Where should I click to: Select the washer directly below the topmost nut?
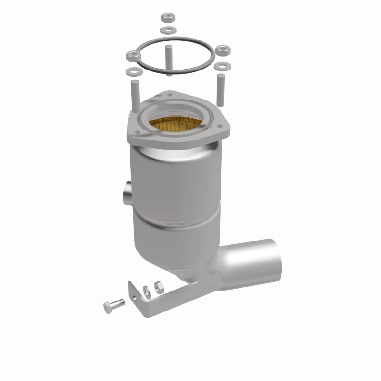point(167,30)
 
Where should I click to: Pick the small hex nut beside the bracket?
point(160,286)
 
